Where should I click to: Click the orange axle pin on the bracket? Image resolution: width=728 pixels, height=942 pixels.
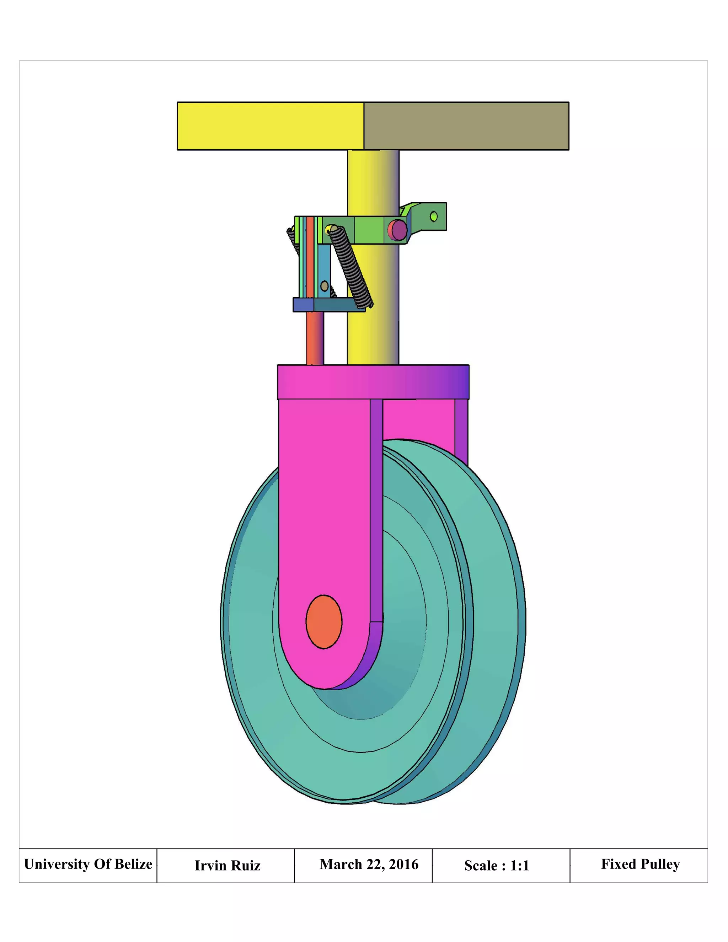click(324, 621)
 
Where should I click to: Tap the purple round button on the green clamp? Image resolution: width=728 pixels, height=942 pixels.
click(398, 230)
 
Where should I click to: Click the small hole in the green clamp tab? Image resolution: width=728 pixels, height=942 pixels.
click(434, 216)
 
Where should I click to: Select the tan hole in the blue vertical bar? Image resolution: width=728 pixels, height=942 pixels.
click(324, 286)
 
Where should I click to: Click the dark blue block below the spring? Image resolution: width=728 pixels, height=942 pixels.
click(303, 305)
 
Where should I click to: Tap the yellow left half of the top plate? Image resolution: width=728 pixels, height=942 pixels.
click(271, 126)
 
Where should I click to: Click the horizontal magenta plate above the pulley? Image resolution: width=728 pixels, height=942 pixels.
click(373, 382)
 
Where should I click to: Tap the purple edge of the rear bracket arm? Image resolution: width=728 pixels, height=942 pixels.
click(461, 431)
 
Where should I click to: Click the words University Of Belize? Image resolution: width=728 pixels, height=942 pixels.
click(88, 864)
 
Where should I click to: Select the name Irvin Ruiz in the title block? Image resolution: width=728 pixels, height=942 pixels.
click(227, 865)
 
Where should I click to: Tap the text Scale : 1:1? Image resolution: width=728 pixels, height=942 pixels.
click(496, 865)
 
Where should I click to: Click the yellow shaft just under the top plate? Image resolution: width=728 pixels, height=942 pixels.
click(373, 172)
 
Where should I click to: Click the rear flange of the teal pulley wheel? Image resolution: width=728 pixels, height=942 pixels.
click(496, 604)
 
